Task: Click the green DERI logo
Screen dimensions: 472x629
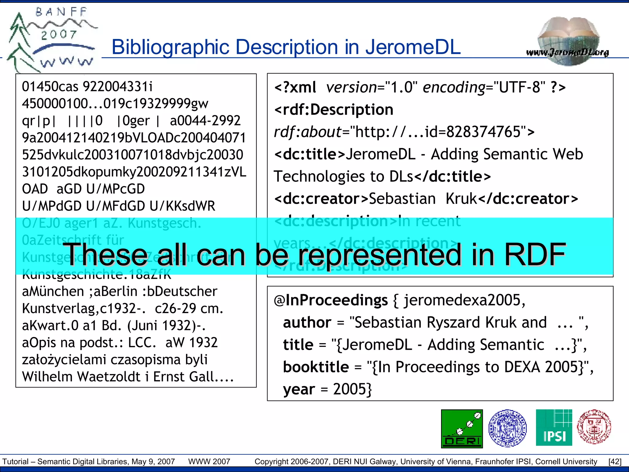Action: coord(462,429)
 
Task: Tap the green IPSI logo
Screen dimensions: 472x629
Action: coord(554,427)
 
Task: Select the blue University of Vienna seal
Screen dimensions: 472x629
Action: coord(507,428)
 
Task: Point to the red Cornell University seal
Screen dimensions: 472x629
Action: coord(594,427)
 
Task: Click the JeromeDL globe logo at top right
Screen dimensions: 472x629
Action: coord(568,41)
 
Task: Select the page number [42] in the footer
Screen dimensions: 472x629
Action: coord(615,462)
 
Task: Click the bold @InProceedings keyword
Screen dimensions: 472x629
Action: coord(331,300)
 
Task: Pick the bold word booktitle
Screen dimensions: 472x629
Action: coord(316,367)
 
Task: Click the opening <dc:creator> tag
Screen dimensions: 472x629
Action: coord(321,199)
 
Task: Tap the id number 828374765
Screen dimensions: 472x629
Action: coord(483,132)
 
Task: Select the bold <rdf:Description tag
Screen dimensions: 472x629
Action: coord(334,110)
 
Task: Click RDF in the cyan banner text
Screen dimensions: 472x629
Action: coord(535,254)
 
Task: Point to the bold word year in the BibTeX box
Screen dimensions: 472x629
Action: coord(299,389)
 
